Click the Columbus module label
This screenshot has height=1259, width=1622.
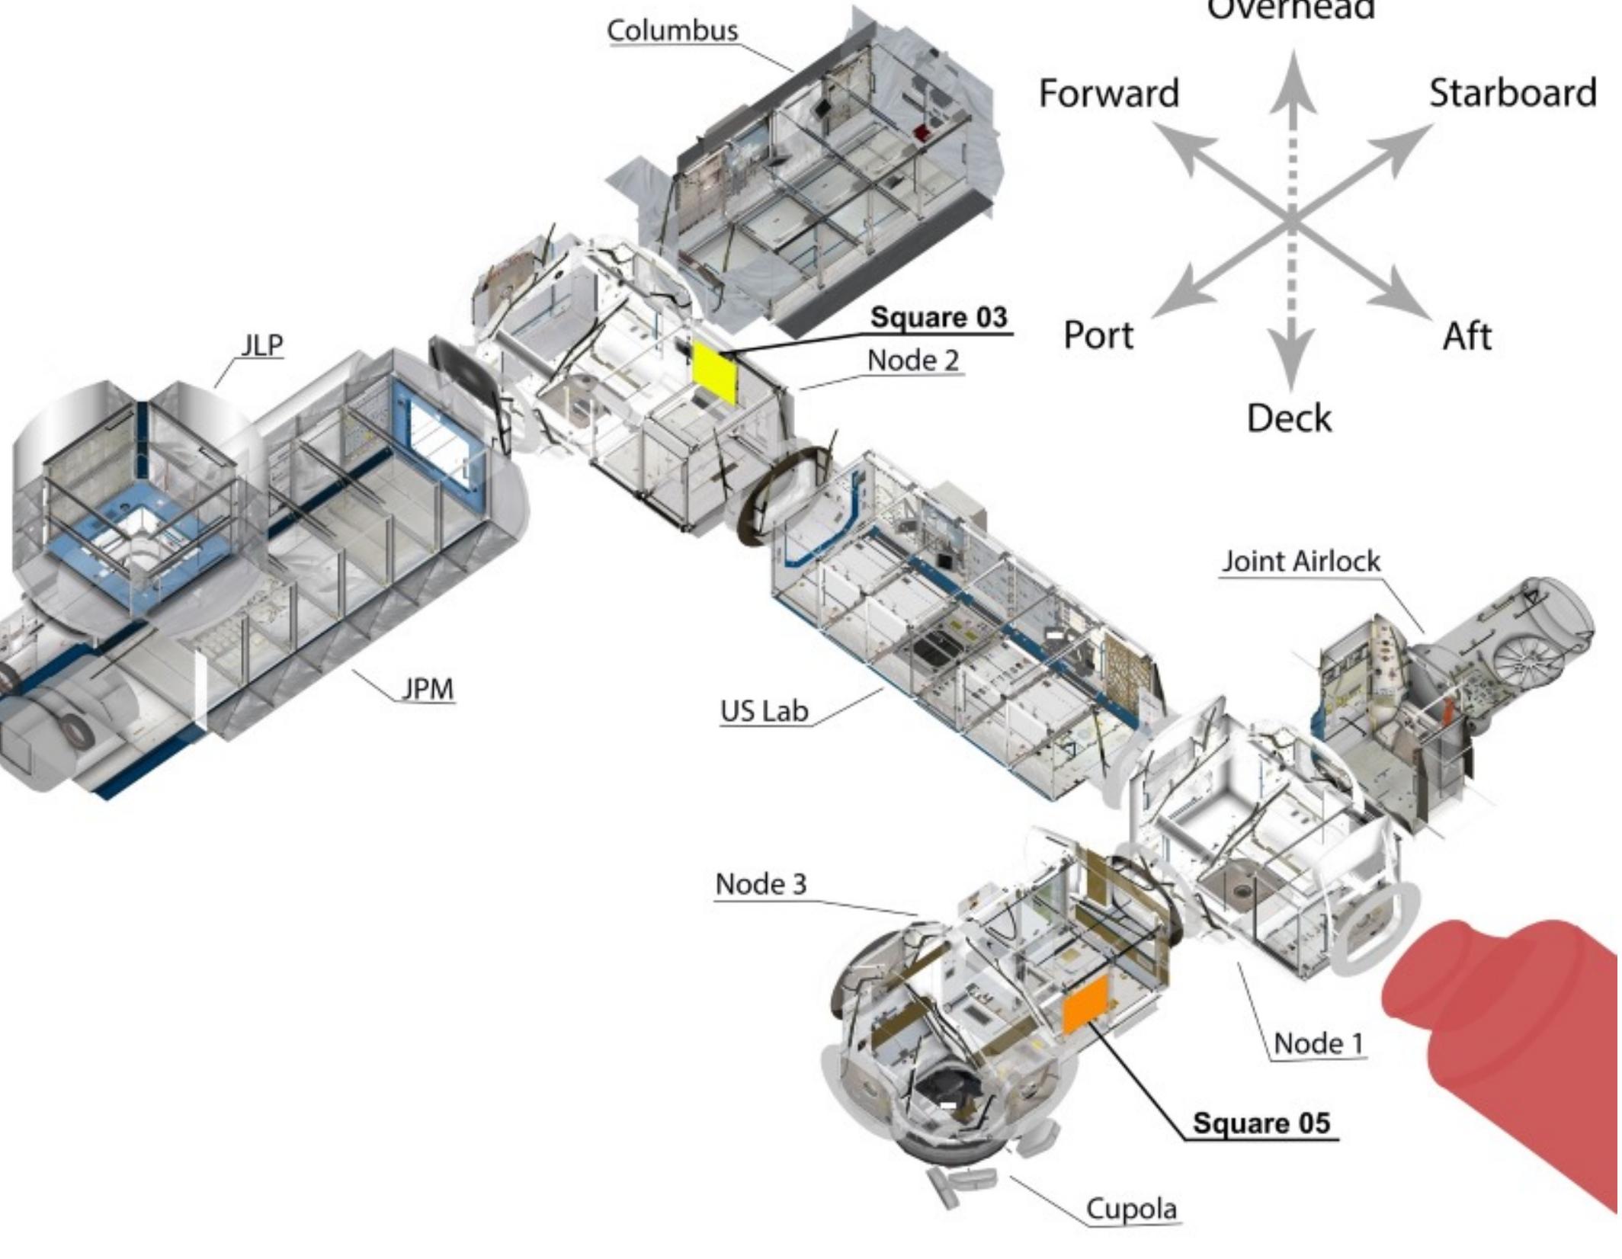tap(672, 30)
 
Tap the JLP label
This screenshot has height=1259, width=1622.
tap(261, 345)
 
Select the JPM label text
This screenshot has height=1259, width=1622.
tap(428, 689)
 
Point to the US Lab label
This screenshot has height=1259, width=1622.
tap(764, 711)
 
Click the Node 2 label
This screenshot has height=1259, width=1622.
tap(913, 360)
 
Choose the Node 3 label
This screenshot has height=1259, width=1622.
tap(760, 884)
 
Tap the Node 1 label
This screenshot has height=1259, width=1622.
tap(1319, 1043)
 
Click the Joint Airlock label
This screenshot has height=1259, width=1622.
tap(1301, 562)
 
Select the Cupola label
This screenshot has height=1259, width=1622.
tap(1131, 1209)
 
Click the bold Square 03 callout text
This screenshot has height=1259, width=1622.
tap(939, 317)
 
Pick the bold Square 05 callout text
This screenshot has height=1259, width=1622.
tap(1261, 1123)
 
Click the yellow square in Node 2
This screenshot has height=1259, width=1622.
tap(715, 373)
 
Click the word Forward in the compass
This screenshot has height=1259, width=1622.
tap(1108, 94)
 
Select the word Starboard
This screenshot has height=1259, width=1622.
tap(1512, 93)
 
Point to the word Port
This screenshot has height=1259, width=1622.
tap(1098, 335)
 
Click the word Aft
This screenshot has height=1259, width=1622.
tap(1467, 336)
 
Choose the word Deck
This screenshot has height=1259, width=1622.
tap(1289, 418)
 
